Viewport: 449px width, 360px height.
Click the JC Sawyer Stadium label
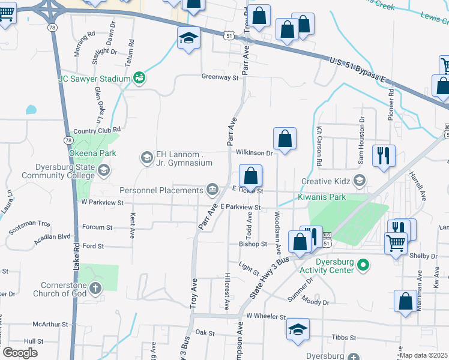point(94,79)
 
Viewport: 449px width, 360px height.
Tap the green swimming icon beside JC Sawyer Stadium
point(139,78)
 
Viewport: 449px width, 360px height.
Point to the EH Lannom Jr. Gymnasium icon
point(146,158)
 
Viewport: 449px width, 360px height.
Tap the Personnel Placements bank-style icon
point(212,190)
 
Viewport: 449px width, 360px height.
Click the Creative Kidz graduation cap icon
point(360,181)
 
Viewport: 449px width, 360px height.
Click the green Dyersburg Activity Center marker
point(363,265)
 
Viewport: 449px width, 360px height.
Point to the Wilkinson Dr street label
point(255,153)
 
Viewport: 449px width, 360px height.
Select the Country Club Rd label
point(97,130)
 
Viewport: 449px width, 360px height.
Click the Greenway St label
point(220,77)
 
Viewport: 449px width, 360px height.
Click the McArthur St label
point(51,324)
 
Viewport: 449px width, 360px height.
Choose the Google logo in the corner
point(20,353)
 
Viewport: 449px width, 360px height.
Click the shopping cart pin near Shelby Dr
point(396,243)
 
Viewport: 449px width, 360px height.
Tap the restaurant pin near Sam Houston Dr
point(384,156)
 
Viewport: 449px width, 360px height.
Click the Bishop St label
point(253,244)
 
